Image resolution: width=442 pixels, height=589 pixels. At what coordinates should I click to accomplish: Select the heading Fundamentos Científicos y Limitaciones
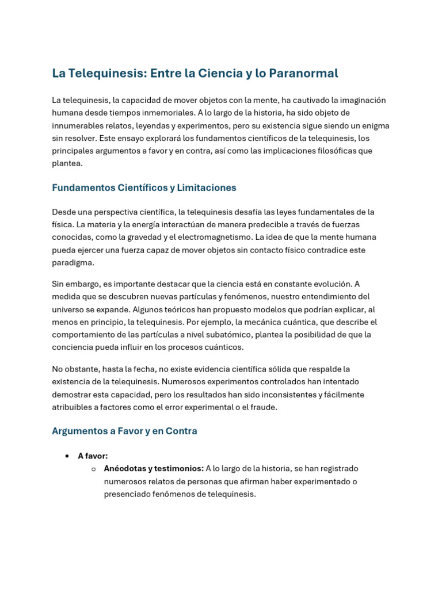144,188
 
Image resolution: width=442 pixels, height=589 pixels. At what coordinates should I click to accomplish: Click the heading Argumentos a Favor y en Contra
124,431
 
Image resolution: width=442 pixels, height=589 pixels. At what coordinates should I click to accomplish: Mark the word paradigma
73,262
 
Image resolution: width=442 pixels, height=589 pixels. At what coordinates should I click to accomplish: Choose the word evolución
322,284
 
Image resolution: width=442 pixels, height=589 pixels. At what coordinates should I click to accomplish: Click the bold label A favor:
93,456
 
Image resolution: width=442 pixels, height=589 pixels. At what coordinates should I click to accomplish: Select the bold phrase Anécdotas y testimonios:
154,468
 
